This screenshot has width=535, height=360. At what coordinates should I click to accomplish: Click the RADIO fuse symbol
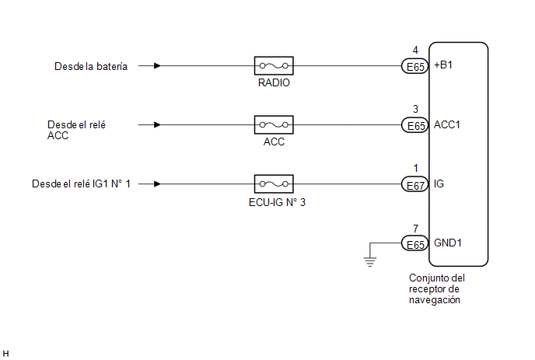(x=274, y=65)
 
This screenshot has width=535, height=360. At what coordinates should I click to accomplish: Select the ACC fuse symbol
(x=274, y=125)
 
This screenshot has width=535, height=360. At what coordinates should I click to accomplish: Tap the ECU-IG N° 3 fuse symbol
(x=274, y=184)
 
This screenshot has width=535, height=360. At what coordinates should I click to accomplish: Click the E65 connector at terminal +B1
(x=415, y=66)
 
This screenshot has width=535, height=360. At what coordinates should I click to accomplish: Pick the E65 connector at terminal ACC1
(x=415, y=125)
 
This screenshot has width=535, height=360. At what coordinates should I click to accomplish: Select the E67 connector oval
(x=415, y=184)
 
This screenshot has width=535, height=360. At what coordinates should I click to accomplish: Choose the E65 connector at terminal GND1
(x=415, y=243)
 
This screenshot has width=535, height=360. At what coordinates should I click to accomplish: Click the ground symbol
(x=370, y=261)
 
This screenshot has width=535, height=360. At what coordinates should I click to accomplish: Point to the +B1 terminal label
(x=443, y=65)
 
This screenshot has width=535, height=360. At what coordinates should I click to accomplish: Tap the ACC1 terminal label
(x=447, y=125)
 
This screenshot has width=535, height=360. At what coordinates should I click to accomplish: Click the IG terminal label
(x=439, y=184)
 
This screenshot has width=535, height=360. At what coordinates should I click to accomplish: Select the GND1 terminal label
(x=448, y=243)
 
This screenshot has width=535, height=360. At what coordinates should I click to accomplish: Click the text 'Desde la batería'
(x=91, y=66)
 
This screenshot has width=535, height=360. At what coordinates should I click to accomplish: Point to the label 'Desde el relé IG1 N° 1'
(x=81, y=184)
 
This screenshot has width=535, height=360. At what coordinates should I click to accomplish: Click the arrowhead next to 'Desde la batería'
(x=157, y=65)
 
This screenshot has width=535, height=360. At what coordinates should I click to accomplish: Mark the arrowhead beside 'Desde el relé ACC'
(x=157, y=125)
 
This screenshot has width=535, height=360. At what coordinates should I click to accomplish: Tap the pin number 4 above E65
(x=415, y=51)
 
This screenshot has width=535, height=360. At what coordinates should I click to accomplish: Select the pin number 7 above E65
(x=415, y=229)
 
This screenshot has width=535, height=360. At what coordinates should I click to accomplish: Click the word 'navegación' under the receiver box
(x=435, y=300)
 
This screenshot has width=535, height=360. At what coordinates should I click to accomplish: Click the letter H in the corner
(x=5, y=354)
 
